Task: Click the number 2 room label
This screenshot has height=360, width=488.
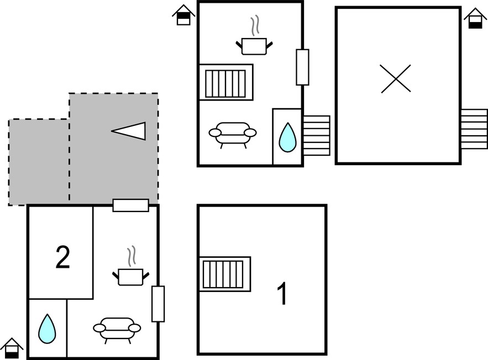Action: coord(62,257)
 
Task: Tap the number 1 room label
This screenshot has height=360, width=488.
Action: coord(282,294)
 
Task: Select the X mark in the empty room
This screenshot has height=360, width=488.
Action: coord(396,78)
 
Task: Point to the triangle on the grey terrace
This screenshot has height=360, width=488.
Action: coord(129,131)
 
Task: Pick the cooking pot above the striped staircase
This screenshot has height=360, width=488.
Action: coord(254,36)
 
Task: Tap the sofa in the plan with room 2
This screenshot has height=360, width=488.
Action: coord(117,330)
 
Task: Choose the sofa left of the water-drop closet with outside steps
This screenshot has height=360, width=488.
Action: coord(233,135)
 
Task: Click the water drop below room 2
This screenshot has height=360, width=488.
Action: coord(47,329)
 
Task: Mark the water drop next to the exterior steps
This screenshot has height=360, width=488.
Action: coord(287,137)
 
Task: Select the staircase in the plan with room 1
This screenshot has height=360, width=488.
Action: coord(225,274)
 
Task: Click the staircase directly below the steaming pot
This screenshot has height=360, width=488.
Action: coord(226,82)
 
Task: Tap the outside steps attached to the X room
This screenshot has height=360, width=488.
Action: coord(474,129)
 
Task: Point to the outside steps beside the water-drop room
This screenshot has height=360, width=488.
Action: coord(316,135)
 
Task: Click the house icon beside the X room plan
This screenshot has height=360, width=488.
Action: coord(475,18)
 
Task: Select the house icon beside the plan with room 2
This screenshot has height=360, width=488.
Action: coord(12,348)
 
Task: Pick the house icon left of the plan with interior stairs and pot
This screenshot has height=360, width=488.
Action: coord(183,14)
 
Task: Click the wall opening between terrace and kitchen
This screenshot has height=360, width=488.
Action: coord(131,205)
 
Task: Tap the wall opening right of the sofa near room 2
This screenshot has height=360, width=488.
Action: coord(158,304)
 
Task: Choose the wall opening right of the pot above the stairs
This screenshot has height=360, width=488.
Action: coord(302,67)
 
